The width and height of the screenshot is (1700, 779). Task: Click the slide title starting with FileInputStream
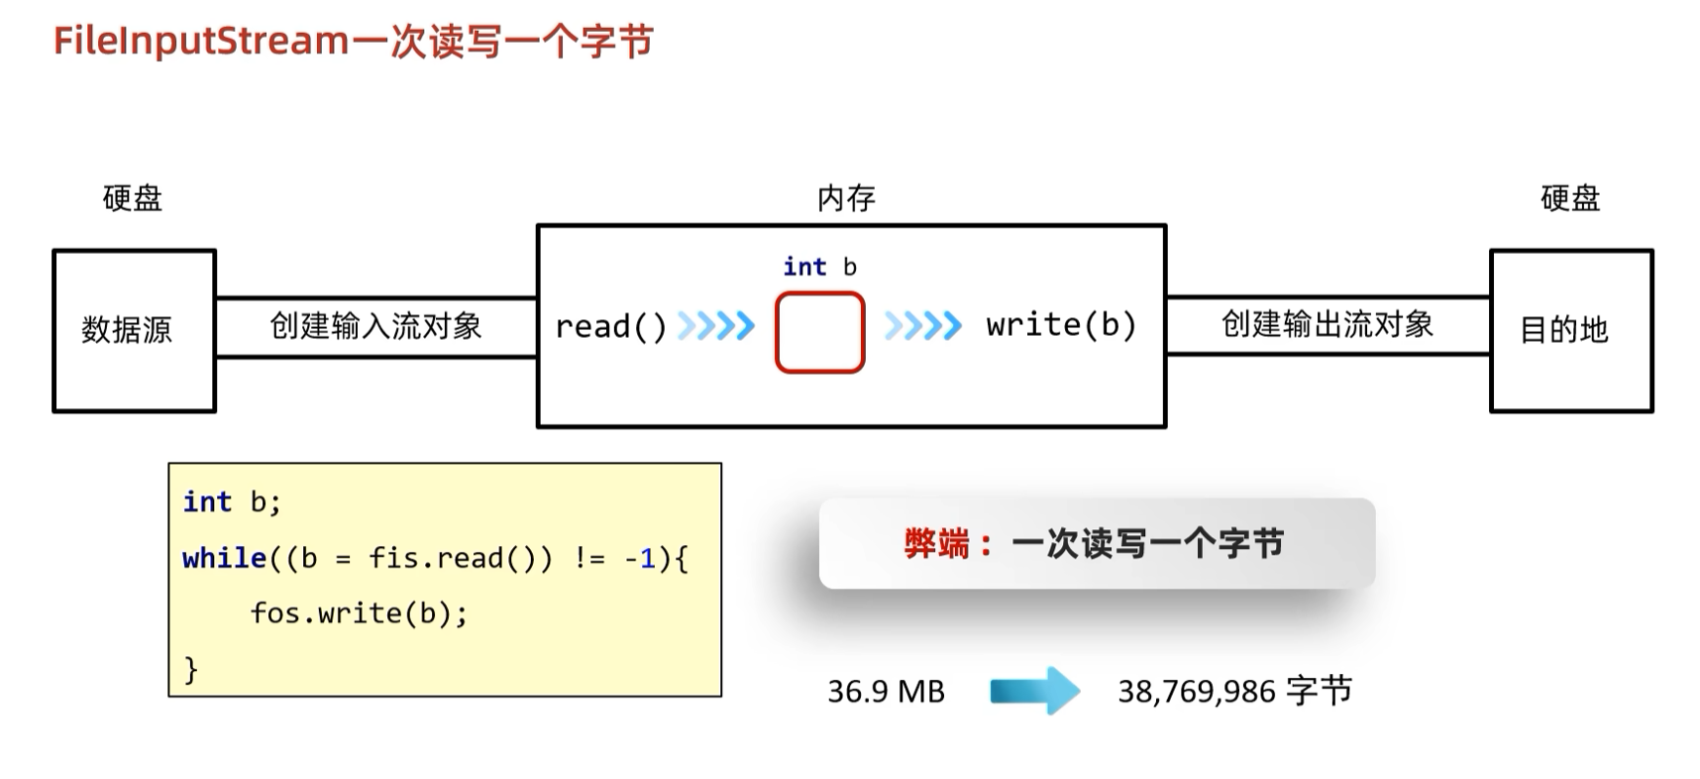click(x=353, y=42)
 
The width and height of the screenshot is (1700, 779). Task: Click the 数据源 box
click(x=134, y=330)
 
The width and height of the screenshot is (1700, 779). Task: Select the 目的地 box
click(x=1570, y=330)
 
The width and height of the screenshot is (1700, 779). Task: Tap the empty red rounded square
click(x=819, y=332)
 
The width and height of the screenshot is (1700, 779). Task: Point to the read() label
click(x=610, y=326)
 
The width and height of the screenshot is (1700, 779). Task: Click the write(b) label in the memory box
click(x=1060, y=325)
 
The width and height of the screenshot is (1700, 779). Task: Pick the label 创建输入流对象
click(x=375, y=326)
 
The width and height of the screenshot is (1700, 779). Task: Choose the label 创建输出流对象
click(x=1328, y=324)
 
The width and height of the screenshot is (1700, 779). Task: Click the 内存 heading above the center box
click(x=846, y=198)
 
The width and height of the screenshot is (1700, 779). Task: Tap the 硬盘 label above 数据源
click(x=133, y=198)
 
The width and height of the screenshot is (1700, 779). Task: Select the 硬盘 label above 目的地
click(x=1570, y=198)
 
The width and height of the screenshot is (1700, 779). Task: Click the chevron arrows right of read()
click(x=715, y=325)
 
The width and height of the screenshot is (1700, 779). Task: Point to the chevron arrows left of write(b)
click(x=922, y=325)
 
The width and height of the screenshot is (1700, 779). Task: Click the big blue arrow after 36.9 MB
click(x=1034, y=691)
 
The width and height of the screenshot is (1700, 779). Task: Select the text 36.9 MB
click(x=886, y=691)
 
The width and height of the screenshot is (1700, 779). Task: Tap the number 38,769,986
click(x=1197, y=692)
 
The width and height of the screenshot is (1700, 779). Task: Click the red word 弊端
click(x=936, y=544)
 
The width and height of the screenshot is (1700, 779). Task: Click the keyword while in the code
click(x=224, y=558)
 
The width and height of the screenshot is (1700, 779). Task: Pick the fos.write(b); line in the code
click(x=359, y=613)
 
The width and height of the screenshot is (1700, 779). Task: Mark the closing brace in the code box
click(x=191, y=670)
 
